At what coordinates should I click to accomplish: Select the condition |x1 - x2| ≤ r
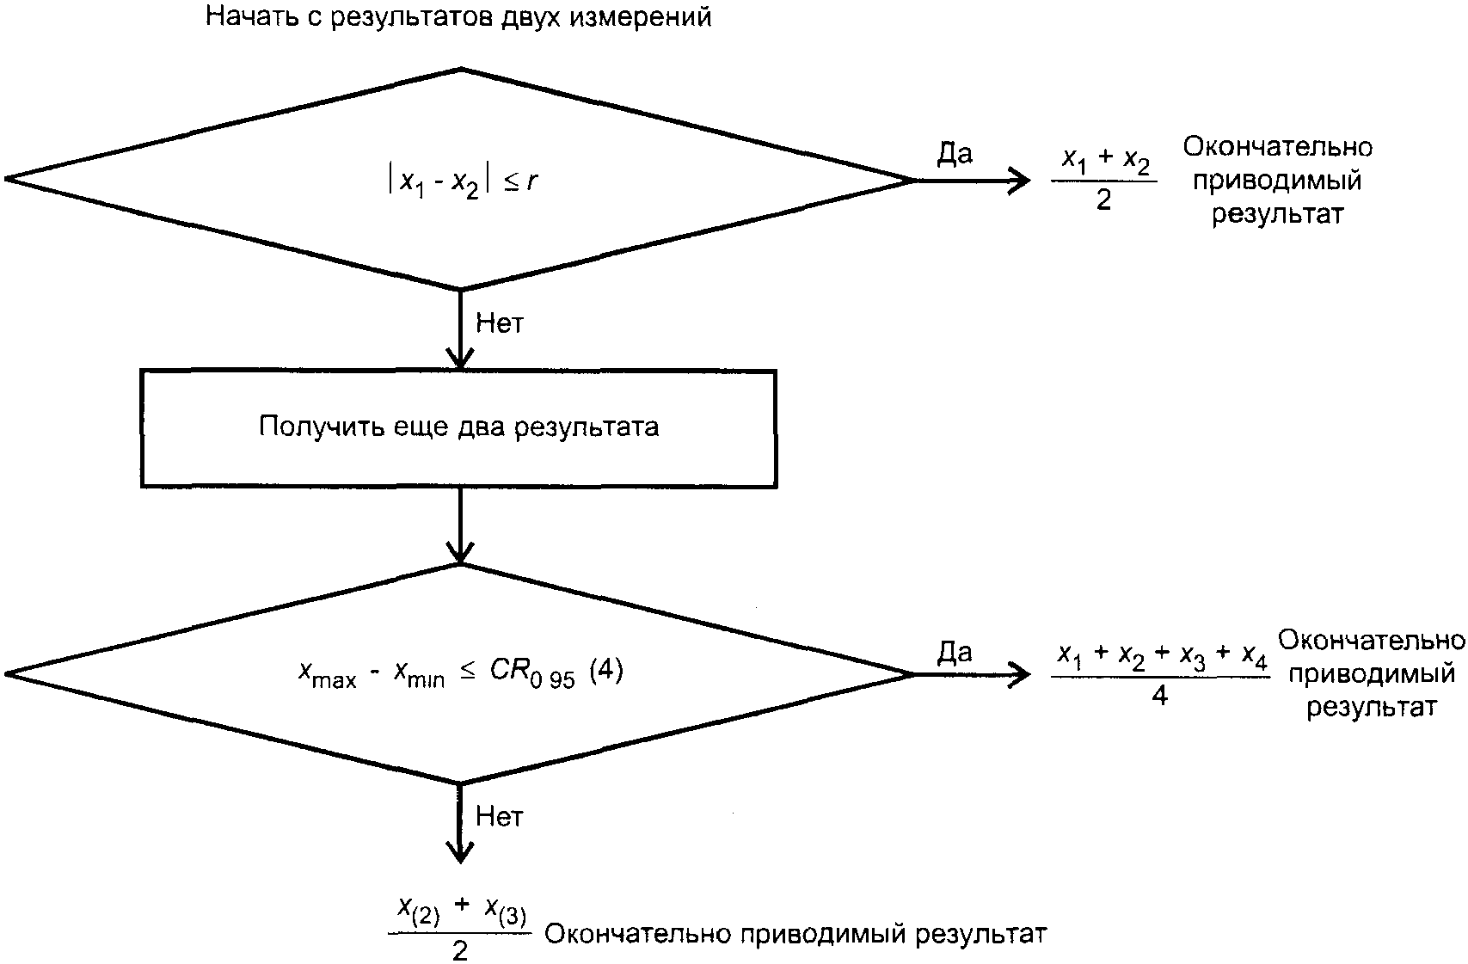463,181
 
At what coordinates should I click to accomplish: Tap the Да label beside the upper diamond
955,154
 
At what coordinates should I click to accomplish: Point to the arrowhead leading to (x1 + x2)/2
1020,181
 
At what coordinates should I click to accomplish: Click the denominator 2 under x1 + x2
1103,200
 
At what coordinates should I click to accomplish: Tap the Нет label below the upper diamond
500,323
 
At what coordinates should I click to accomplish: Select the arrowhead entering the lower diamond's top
460,552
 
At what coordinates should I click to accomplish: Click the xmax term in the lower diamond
327,673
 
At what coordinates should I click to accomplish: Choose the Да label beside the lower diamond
955,653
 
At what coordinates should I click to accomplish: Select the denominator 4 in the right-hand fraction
1159,696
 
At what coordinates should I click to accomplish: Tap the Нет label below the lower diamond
500,817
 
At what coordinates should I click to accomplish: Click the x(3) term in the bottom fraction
506,911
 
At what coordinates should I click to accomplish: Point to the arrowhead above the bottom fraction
460,852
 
